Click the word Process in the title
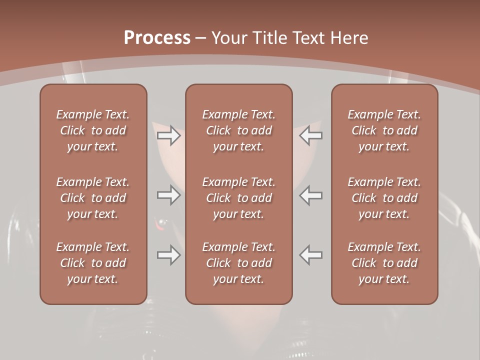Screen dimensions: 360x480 pyautogui.click(x=157, y=38)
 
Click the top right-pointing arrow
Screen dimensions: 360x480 pyautogui.click(x=169, y=135)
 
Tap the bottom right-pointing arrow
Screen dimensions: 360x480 pyautogui.click(x=169, y=255)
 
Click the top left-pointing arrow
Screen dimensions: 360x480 pyautogui.click(x=311, y=135)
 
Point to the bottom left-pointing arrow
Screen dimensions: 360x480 pyautogui.click(x=311, y=255)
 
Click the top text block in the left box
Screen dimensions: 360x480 pyautogui.click(x=93, y=130)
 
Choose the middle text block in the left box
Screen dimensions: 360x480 pyautogui.click(x=93, y=198)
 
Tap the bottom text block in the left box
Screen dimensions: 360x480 pyautogui.click(x=93, y=263)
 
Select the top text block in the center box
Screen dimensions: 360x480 pyautogui.click(x=239, y=130)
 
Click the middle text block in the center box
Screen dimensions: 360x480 pyautogui.click(x=239, y=198)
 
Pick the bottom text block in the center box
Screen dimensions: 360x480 pyautogui.click(x=239, y=263)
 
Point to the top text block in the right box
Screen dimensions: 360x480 pyautogui.click(x=384, y=130)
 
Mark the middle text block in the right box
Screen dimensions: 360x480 pyautogui.click(x=384, y=198)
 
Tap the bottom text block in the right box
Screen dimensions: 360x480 pyautogui.click(x=384, y=263)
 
